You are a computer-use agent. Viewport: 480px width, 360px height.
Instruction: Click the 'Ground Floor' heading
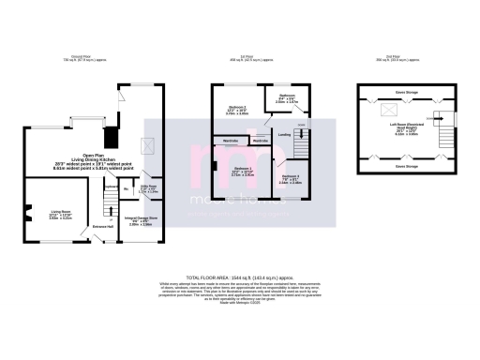[x=91, y=56]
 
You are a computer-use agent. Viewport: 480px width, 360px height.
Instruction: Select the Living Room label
[x=60, y=216]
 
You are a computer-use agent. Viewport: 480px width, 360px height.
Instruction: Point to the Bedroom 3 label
[x=290, y=180]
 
